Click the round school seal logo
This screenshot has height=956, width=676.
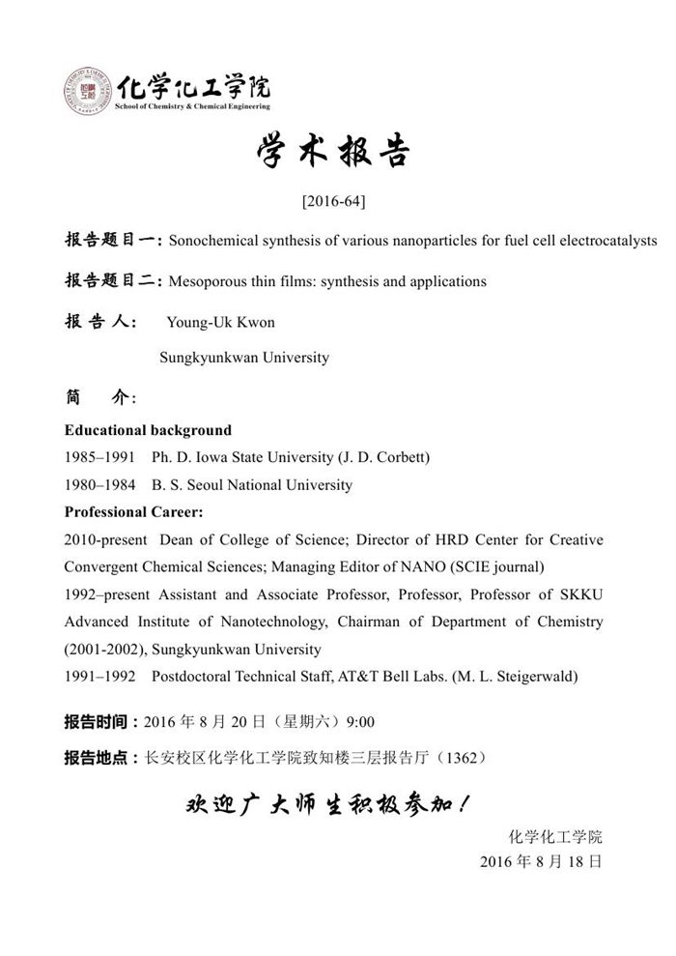87,93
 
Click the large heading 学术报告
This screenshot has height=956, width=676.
334,152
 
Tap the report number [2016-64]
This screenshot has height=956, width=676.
333,202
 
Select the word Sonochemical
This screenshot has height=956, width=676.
211,240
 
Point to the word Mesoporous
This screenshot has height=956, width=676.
205,282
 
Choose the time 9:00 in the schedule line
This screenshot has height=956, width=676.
360,723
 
